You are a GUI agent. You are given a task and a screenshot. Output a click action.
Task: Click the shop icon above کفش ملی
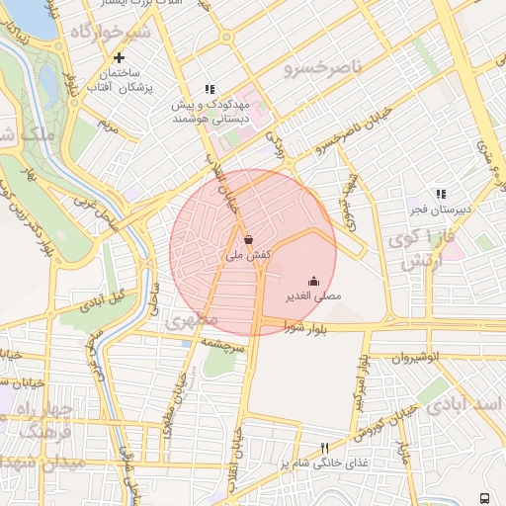coord(248,239)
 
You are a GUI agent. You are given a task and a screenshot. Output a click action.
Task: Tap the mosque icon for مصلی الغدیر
coord(314,281)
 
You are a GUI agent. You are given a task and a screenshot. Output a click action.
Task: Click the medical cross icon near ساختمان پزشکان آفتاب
coord(120,57)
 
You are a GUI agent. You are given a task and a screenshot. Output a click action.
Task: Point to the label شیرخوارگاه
coord(108,34)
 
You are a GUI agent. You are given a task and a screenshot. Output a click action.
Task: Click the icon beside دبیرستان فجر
coord(441,194)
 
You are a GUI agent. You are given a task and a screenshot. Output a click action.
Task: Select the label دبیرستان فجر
coord(442,210)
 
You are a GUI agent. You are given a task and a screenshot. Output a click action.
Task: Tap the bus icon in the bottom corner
coord(485,497)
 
